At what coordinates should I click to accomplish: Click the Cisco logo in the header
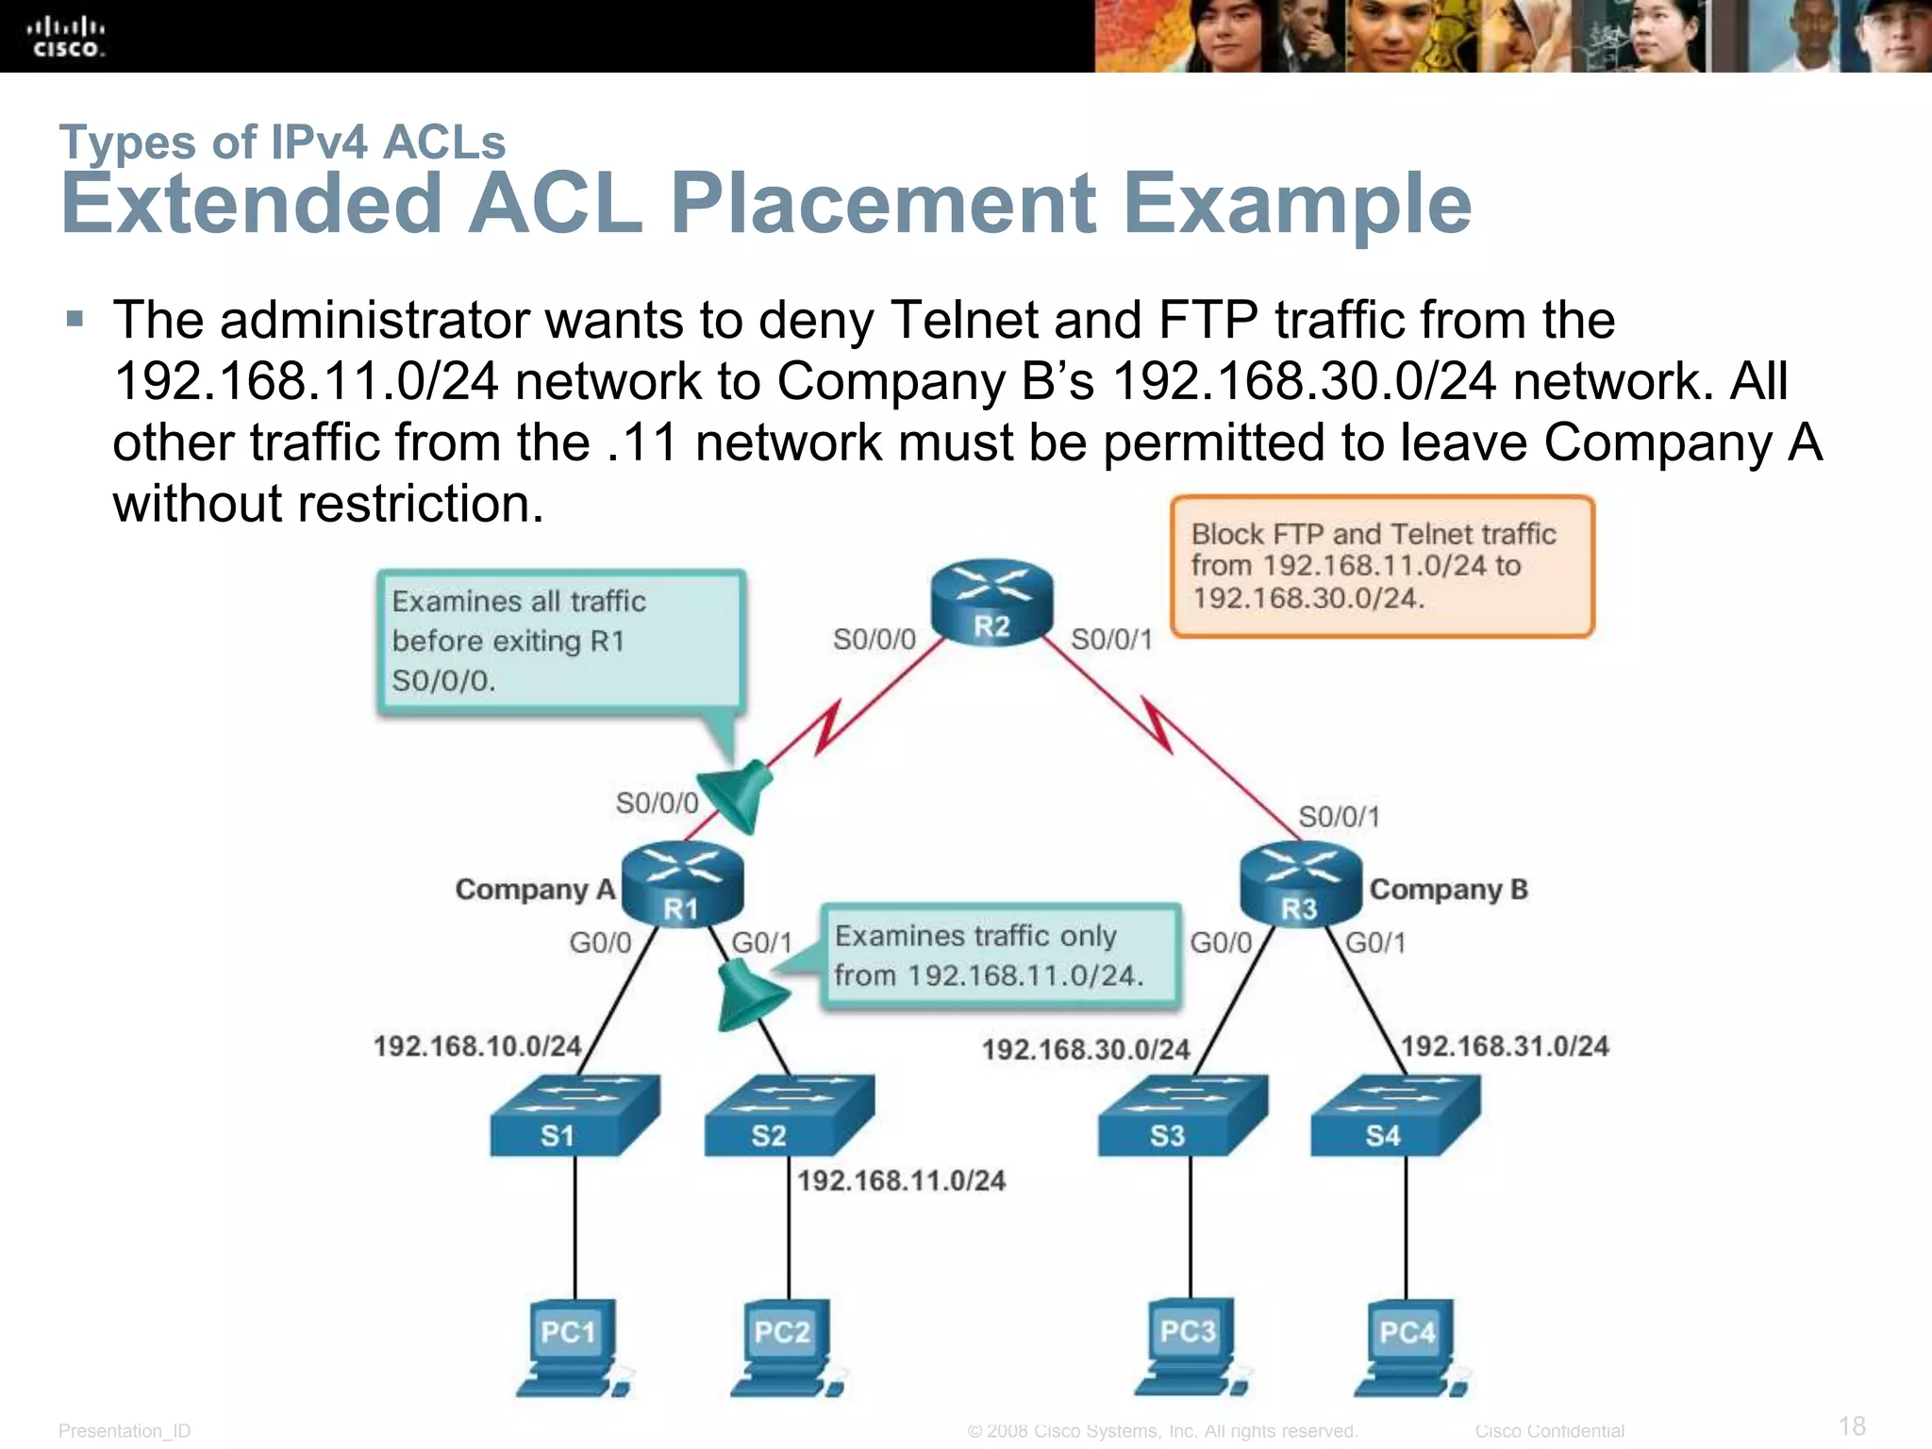pos(65,37)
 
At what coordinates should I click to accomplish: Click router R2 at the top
pos(991,603)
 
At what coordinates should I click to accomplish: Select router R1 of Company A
pos(682,885)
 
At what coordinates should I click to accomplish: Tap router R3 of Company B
pos(1300,884)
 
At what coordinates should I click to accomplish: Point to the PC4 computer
pos(1409,1347)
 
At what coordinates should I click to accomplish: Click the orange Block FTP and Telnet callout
pos(1382,566)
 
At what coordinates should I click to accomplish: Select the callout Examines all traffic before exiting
pos(560,641)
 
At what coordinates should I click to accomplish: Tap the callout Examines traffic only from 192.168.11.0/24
pos(1000,957)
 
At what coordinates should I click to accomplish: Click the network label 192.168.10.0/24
pos(477,1046)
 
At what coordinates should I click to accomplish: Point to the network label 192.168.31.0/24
pos(1505,1046)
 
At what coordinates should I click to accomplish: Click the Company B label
pos(1448,890)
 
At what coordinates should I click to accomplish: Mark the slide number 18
pos(1852,1425)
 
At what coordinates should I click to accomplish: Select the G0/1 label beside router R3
pos(1375,942)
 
